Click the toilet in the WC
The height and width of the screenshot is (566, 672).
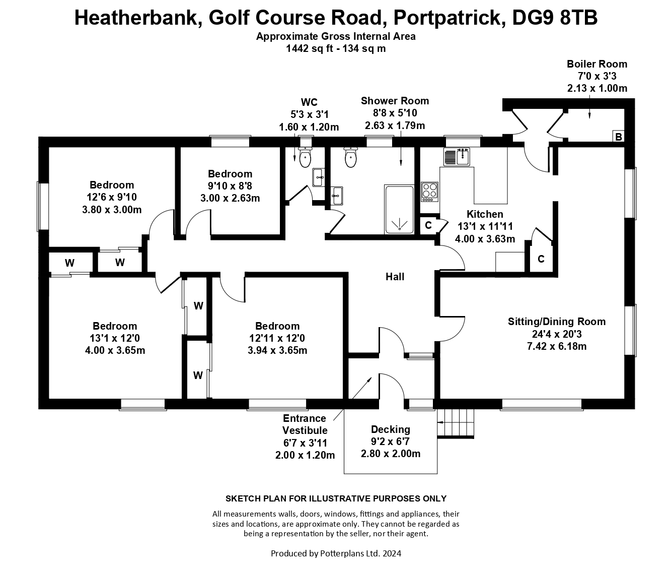point(305,158)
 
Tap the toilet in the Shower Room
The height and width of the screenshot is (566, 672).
point(351,158)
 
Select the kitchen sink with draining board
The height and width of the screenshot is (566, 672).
point(457,157)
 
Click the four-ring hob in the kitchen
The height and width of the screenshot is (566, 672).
point(429,192)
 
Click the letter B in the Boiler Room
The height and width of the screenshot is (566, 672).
point(619,137)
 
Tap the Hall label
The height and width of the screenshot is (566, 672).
point(395,276)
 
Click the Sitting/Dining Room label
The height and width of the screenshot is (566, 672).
point(556,322)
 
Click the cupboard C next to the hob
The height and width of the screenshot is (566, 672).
point(428,225)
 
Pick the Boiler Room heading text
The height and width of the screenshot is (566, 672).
point(596,64)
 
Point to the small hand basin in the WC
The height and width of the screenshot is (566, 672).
point(318,176)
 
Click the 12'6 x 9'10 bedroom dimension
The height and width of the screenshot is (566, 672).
point(112,197)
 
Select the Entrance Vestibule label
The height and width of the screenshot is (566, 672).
point(305,424)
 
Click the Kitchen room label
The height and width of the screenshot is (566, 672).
point(484,214)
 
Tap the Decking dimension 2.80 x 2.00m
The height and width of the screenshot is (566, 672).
point(391,454)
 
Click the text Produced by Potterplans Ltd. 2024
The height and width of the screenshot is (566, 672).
point(336,553)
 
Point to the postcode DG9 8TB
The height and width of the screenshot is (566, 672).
point(555,18)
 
